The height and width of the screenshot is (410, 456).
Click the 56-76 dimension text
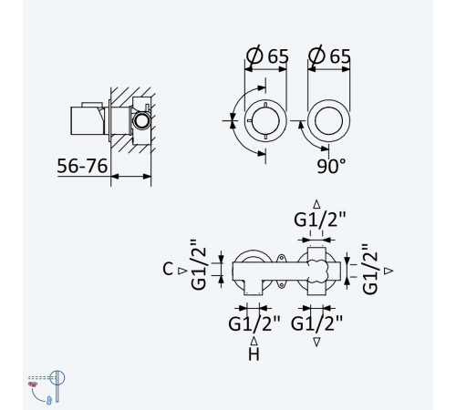(x=82, y=166)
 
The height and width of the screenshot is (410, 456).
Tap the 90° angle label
(x=331, y=166)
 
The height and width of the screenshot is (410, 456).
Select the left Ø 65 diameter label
(x=267, y=56)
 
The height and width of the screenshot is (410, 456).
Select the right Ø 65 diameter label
(x=329, y=56)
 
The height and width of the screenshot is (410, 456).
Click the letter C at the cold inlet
(x=168, y=269)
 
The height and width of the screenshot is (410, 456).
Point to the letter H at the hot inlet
(x=254, y=354)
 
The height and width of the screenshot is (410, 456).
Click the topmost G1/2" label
(x=320, y=220)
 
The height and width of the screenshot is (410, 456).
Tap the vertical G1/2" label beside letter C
(x=199, y=264)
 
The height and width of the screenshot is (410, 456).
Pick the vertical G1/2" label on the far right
(x=370, y=270)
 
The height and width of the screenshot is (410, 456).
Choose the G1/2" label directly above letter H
(x=254, y=323)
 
